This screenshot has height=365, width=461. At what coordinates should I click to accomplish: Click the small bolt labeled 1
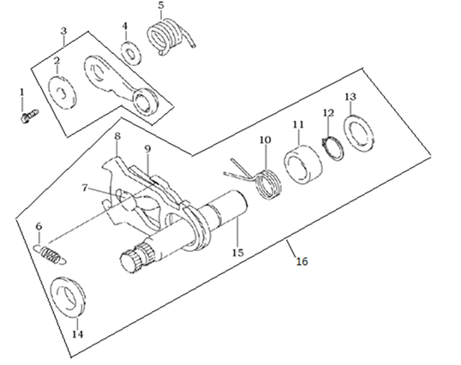pyautogui.click(x=30, y=116)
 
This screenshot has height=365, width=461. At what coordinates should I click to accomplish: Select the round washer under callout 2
pyautogui.click(x=62, y=93)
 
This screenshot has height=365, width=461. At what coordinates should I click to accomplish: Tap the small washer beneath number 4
pyautogui.click(x=130, y=53)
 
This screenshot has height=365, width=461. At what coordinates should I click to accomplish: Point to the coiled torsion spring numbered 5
pyautogui.click(x=168, y=36)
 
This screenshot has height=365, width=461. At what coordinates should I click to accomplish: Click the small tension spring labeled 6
pyautogui.click(x=51, y=254)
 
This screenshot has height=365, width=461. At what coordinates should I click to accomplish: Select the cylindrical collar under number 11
pyautogui.click(x=302, y=164)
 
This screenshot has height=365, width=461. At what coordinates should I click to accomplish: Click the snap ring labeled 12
pyautogui.click(x=332, y=149)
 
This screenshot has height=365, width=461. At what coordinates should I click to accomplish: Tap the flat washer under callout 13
pyautogui.click(x=359, y=133)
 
